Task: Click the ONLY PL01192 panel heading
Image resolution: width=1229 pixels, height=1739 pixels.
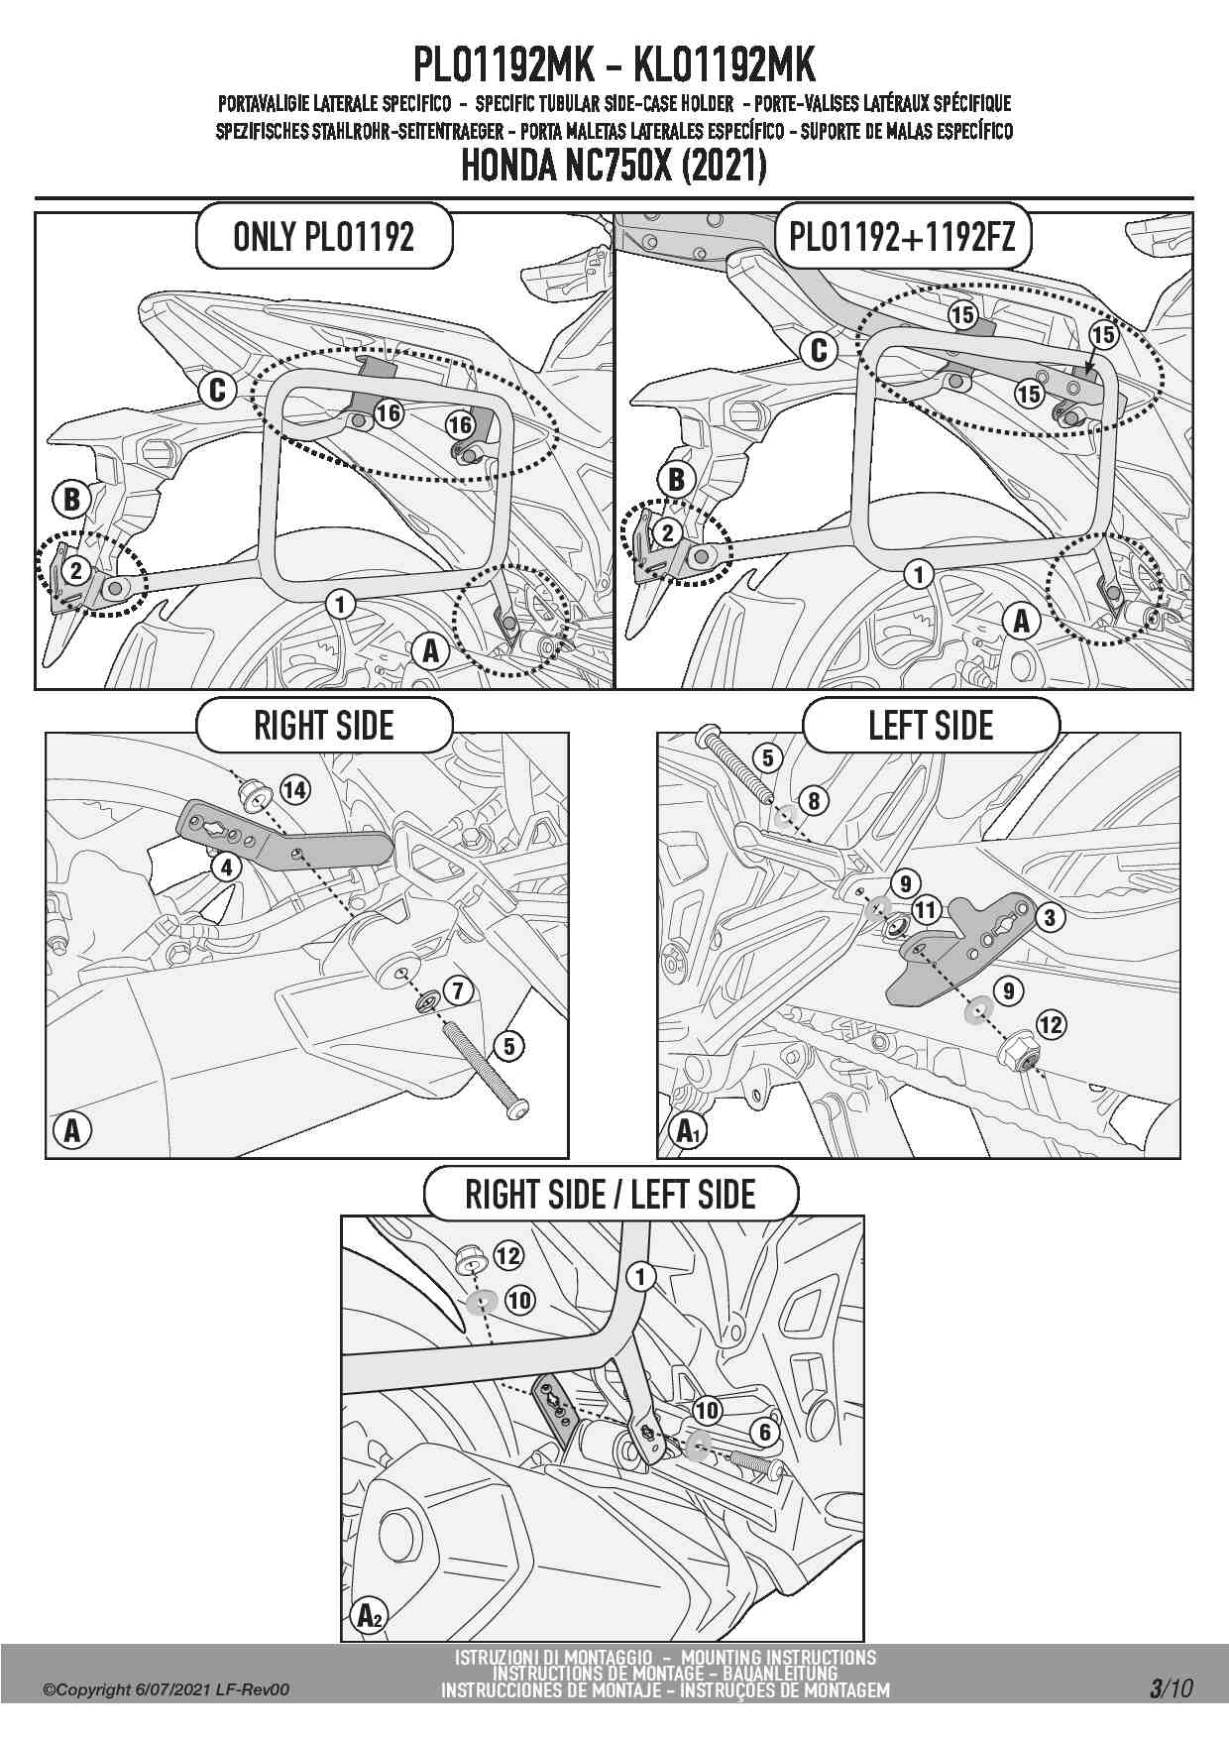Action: [x=323, y=237]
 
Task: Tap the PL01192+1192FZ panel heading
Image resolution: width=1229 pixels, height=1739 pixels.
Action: [x=902, y=237]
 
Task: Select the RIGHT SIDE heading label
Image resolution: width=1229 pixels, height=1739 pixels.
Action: [x=324, y=726]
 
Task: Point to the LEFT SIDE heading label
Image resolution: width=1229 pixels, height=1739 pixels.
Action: [x=930, y=726]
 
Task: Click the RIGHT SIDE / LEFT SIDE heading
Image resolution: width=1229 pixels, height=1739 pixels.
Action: [x=611, y=1195]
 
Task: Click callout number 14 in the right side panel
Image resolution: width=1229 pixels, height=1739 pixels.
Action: [x=294, y=789]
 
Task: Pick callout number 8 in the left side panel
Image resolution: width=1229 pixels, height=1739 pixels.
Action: [x=813, y=800]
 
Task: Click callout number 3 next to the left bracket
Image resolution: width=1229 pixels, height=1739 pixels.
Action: [x=1050, y=917]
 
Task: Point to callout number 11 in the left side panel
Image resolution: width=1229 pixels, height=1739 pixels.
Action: [x=925, y=909]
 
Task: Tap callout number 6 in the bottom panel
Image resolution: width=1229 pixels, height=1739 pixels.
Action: [x=764, y=1432]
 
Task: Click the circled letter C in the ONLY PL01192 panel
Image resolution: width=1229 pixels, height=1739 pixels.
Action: [x=217, y=391]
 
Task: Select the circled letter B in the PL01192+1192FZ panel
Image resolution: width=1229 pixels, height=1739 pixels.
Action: [x=676, y=480]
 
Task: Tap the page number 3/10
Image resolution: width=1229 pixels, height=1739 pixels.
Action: [x=1171, y=1688]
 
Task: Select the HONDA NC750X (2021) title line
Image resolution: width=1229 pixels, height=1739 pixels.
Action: [x=614, y=167]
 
